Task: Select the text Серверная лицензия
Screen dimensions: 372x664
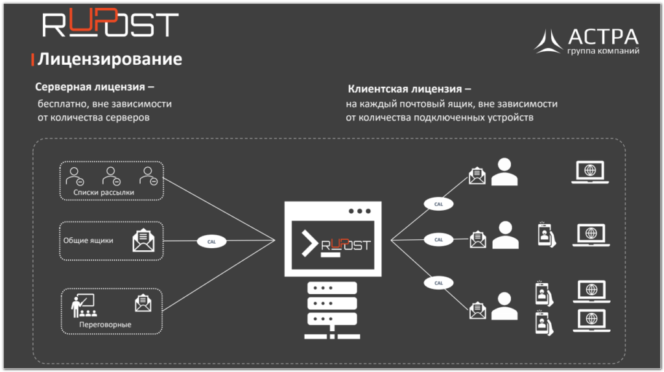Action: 95,87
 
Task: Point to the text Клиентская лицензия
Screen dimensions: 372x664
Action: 409,89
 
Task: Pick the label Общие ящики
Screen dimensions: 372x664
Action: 88,240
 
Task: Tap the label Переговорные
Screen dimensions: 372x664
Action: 105,324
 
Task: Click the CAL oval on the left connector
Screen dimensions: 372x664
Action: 211,241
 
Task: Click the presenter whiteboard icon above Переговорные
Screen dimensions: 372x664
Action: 82,304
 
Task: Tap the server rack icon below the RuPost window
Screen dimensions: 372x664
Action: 332,309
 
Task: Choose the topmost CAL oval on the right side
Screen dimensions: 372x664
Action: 438,203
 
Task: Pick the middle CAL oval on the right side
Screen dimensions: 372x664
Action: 438,239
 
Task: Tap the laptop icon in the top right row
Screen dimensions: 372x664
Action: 590,172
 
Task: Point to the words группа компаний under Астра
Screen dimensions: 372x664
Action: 603,51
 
